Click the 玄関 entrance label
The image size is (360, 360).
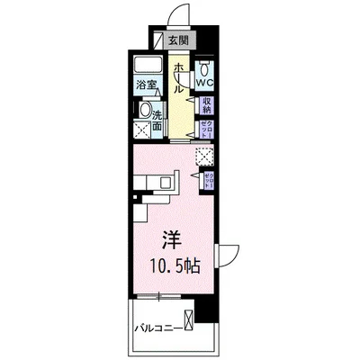[x=178, y=40]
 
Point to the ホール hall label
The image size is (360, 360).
[x=179, y=78]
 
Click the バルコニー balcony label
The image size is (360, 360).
[x=155, y=327]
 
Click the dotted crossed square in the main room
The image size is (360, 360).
[x=204, y=156]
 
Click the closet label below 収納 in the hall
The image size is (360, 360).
[x=205, y=127]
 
